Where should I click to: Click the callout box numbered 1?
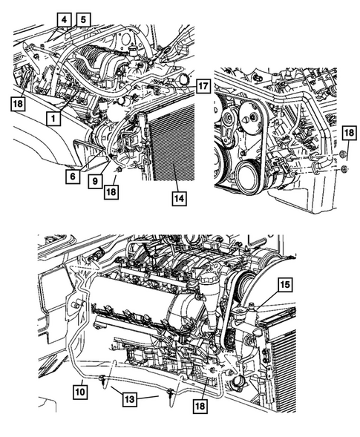pyautogui.click(x=53, y=117)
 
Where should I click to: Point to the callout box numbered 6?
pyautogui.click(x=73, y=177)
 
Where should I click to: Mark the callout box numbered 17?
pyautogui.click(x=202, y=86)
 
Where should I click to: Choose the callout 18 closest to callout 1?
pyautogui.click(x=20, y=104)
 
